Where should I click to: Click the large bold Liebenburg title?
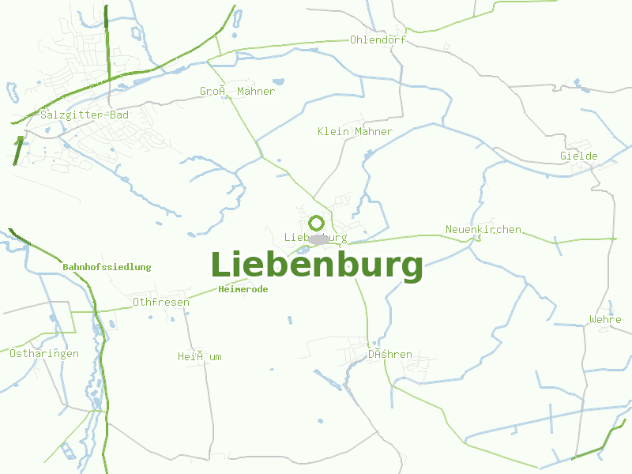[x=316, y=265]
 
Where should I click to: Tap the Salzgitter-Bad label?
[x=84, y=115]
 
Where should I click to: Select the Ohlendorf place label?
[x=378, y=39]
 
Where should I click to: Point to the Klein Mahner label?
[x=355, y=131]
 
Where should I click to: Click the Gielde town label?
[x=579, y=156]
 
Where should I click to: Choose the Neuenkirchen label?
[x=483, y=230]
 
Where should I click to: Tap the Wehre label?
[x=605, y=320]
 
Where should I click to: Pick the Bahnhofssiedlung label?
[x=107, y=267]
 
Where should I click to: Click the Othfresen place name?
[x=161, y=302]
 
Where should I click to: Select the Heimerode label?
[x=243, y=289]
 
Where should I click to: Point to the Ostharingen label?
[x=44, y=353]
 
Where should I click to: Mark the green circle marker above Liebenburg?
[x=317, y=223]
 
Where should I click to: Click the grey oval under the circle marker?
[x=318, y=239]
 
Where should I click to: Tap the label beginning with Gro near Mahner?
[x=237, y=92]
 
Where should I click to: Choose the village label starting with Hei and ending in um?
[x=200, y=356]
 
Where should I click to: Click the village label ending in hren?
[x=389, y=355]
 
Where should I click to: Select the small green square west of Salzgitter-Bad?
[x=20, y=140]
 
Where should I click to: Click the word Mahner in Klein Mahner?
[x=374, y=131]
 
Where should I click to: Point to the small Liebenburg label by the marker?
[x=315, y=237]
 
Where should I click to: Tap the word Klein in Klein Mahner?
[x=333, y=131]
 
